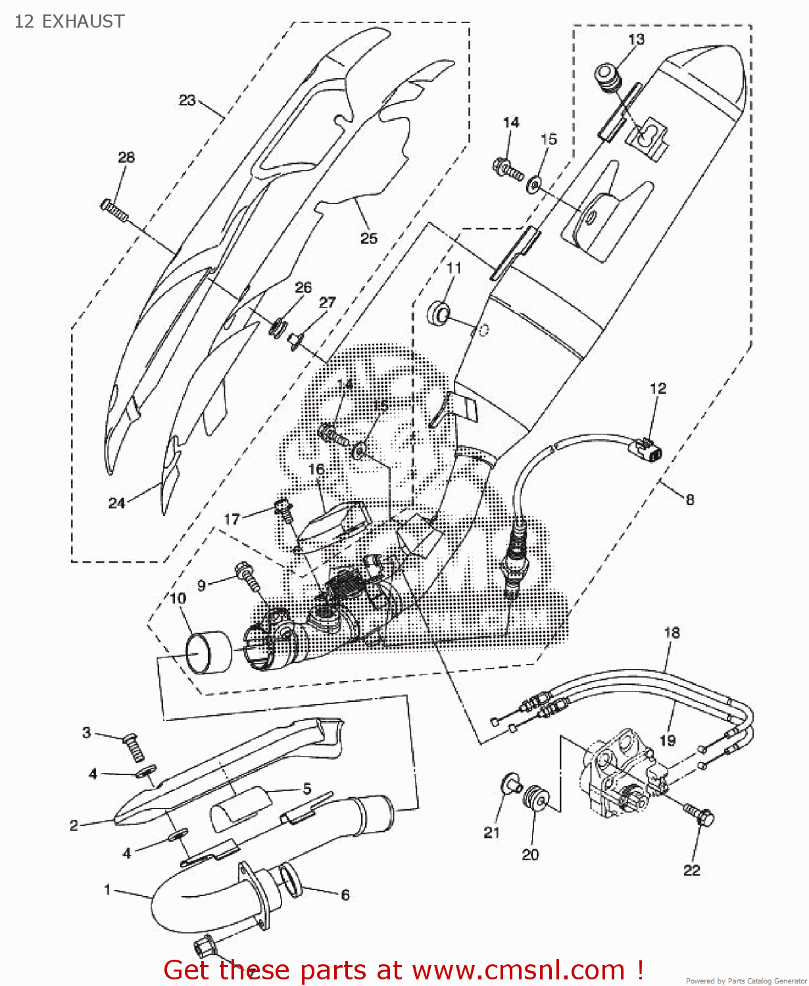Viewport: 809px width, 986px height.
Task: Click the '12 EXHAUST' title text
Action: click(69, 22)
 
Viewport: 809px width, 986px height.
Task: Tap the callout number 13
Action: click(636, 39)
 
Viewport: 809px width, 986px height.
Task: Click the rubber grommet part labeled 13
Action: click(608, 77)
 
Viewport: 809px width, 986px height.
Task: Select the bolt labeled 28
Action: click(114, 210)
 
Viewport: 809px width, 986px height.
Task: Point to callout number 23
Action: click(187, 100)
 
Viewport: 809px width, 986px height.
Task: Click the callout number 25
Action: click(368, 238)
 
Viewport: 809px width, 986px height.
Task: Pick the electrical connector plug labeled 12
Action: click(647, 450)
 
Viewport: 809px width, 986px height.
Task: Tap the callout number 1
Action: click(107, 890)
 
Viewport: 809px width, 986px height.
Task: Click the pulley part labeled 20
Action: click(535, 797)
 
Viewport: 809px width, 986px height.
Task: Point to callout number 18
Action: click(672, 633)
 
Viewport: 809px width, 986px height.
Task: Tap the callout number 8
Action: click(689, 500)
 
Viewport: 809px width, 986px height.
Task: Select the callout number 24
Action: click(116, 503)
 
